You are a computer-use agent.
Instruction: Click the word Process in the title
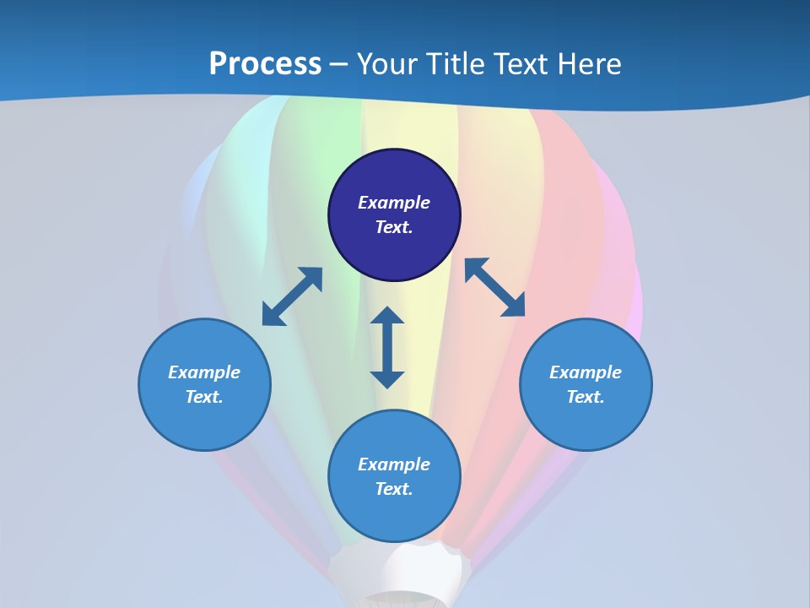pyautogui.click(x=265, y=64)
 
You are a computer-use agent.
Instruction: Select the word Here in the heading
pyautogui.click(x=587, y=64)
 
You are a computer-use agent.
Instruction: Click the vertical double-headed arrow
pyautogui.click(x=387, y=347)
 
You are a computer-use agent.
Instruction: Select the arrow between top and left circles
pyautogui.click(x=292, y=296)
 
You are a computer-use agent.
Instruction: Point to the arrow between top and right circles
pyautogui.click(x=495, y=288)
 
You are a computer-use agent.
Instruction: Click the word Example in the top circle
pyautogui.click(x=394, y=203)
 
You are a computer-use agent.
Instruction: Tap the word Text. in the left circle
pyautogui.click(x=204, y=397)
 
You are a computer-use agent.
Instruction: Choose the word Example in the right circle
pyautogui.click(x=586, y=372)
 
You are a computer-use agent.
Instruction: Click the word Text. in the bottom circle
pyautogui.click(x=394, y=489)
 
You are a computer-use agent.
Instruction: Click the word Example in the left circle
pyautogui.click(x=204, y=372)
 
